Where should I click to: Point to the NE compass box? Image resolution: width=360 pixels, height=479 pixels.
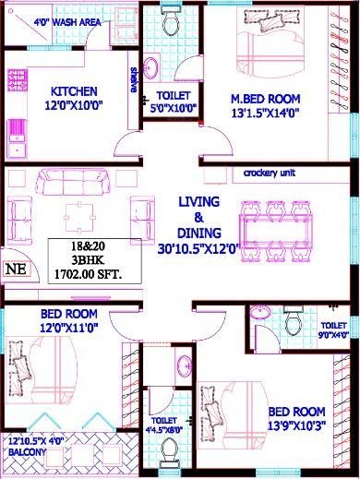point(16,269)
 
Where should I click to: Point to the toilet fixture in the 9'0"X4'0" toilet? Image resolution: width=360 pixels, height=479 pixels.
point(293,321)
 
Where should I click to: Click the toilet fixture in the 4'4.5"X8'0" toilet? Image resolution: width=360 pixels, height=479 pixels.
point(169,451)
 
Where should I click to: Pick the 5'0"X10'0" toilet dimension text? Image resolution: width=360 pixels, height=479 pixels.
point(174,106)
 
